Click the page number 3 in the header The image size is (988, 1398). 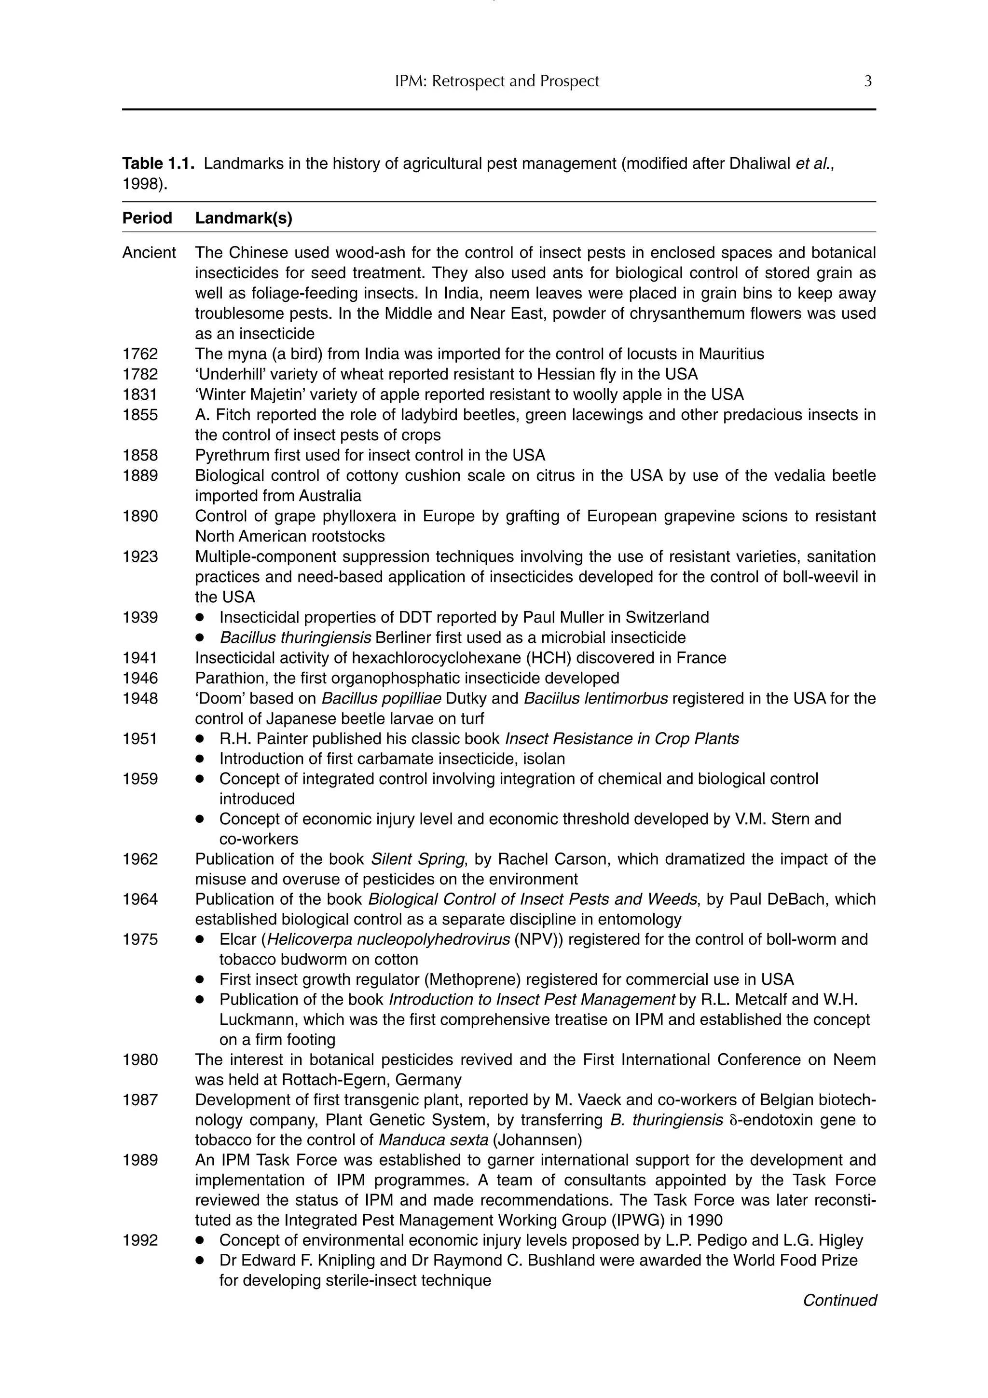coord(867,81)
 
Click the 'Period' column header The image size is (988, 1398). coord(147,218)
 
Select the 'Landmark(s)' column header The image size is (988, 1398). coord(244,218)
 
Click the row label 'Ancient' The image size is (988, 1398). coord(149,253)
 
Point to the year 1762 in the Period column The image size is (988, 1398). coord(140,354)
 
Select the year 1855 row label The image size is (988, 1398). coord(140,415)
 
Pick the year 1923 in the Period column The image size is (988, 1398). coord(140,556)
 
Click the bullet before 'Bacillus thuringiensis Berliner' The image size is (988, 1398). coord(199,638)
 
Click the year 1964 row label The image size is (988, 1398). coord(140,899)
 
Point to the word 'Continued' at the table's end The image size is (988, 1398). coord(839,1300)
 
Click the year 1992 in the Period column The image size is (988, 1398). coord(140,1240)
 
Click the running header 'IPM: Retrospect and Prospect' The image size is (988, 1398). coord(497,81)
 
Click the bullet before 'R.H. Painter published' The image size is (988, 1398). coord(199,739)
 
